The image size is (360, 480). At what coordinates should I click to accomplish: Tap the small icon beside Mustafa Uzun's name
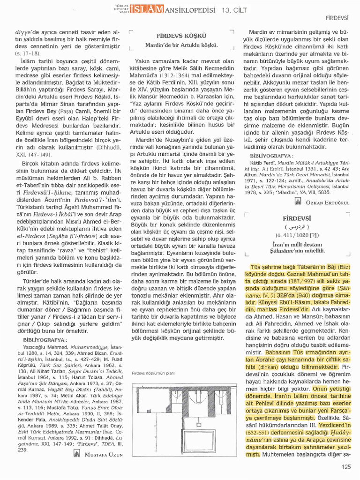tap(77, 453)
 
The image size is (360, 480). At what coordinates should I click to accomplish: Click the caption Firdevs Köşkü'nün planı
tap(153, 374)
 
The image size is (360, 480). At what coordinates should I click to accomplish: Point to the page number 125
tap(346, 466)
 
